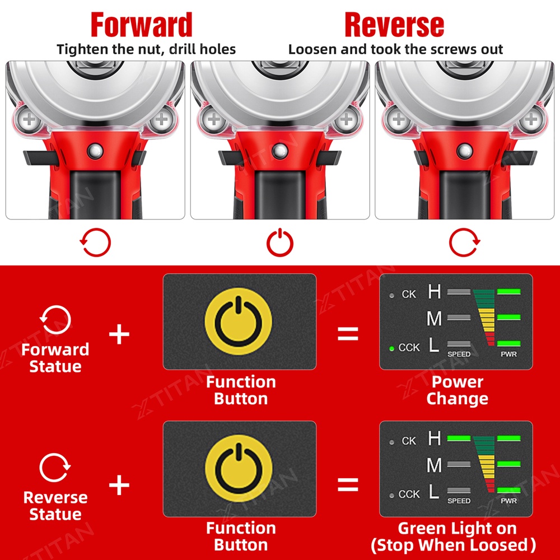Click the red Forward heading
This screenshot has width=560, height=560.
pyautogui.click(x=142, y=25)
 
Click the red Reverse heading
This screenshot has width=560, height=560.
pyautogui.click(x=394, y=25)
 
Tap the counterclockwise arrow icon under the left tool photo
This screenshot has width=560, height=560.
pyautogui.click(x=95, y=242)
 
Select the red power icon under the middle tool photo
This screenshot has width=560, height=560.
pyautogui.click(x=279, y=242)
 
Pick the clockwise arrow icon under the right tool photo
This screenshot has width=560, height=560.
pyautogui.click(x=464, y=242)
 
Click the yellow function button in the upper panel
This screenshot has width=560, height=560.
pyautogui.click(x=239, y=321)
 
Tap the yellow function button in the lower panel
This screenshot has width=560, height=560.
pyautogui.click(x=239, y=468)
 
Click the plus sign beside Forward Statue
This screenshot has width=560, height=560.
pyautogui.click(x=119, y=334)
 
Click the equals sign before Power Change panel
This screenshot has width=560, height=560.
pyautogui.click(x=348, y=334)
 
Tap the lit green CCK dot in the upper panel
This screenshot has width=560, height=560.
pyautogui.click(x=392, y=348)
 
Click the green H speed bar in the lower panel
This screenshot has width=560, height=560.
pyautogui.click(x=459, y=438)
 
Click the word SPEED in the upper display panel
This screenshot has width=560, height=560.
pyautogui.click(x=459, y=354)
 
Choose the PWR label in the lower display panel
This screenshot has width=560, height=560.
pyautogui.click(x=508, y=501)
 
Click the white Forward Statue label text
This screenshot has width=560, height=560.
pyautogui.click(x=55, y=358)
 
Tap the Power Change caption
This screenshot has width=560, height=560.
pyautogui.click(x=457, y=390)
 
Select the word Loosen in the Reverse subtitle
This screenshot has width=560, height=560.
pyautogui.click(x=313, y=49)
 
